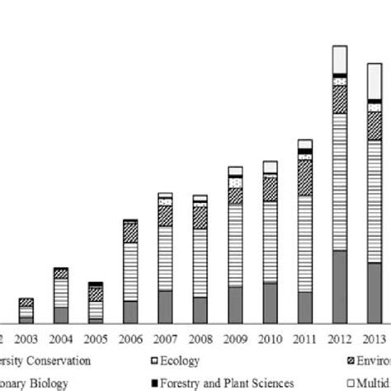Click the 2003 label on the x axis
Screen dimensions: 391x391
(x=26, y=338)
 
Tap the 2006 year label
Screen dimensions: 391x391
(x=130, y=338)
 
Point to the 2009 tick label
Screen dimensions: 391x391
(x=235, y=338)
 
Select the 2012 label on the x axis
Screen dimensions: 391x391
(x=339, y=338)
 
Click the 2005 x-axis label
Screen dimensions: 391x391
(x=96, y=338)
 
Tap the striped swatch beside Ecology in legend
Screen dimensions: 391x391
(x=158, y=360)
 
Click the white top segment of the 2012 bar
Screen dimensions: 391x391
(x=339, y=59)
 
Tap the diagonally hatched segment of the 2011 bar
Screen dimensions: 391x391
(x=304, y=177)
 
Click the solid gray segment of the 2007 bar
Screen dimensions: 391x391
(x=165, y=306)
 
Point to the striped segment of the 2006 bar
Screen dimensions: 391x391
(x=130, y=271)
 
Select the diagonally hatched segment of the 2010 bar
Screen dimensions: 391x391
(x=270, y=188)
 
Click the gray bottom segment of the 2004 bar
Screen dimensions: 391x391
(x=61, y=314)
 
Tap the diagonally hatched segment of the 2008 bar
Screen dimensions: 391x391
(x=200, y=217)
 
